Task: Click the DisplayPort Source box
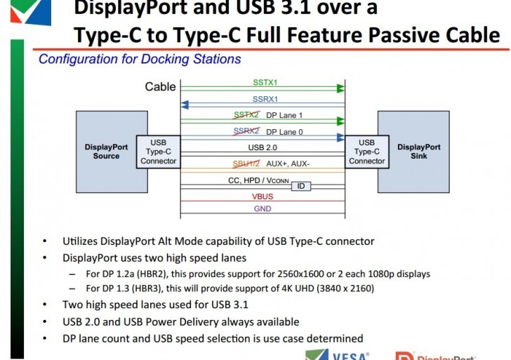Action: click(x=106, y=152)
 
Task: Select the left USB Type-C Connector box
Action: click(x=159, y=152)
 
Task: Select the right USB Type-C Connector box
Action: click(x=366, y=152)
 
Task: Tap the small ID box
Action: click(x=301, y=186)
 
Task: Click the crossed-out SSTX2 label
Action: click(x=246, y=115)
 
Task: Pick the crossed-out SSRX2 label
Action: click(x=246, y=131)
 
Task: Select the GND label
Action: click(x=262, y=208)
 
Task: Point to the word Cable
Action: click(x=160, y=87)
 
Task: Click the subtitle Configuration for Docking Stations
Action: click(x=140, y=60)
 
